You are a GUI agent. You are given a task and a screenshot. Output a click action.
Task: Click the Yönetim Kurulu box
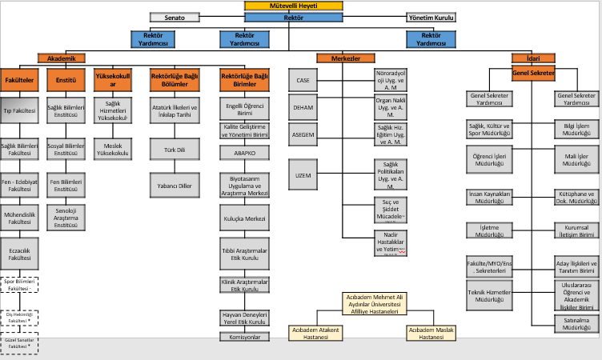pyautogui.click(x=431, y=16)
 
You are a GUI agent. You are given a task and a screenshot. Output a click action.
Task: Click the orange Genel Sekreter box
pyautogui.click(x=533, y=74)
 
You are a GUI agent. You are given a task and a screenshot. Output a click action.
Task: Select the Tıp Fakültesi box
pyautogui.click(x=19, y=111)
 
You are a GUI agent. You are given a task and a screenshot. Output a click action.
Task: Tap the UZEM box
pyautogui.click(x=303, y=174)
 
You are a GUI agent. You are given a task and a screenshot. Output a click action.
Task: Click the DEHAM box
pyautogui.click(x=303, y=106)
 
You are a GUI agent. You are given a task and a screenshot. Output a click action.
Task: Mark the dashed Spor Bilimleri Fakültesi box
pyautogui.click(x=19, y=285)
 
